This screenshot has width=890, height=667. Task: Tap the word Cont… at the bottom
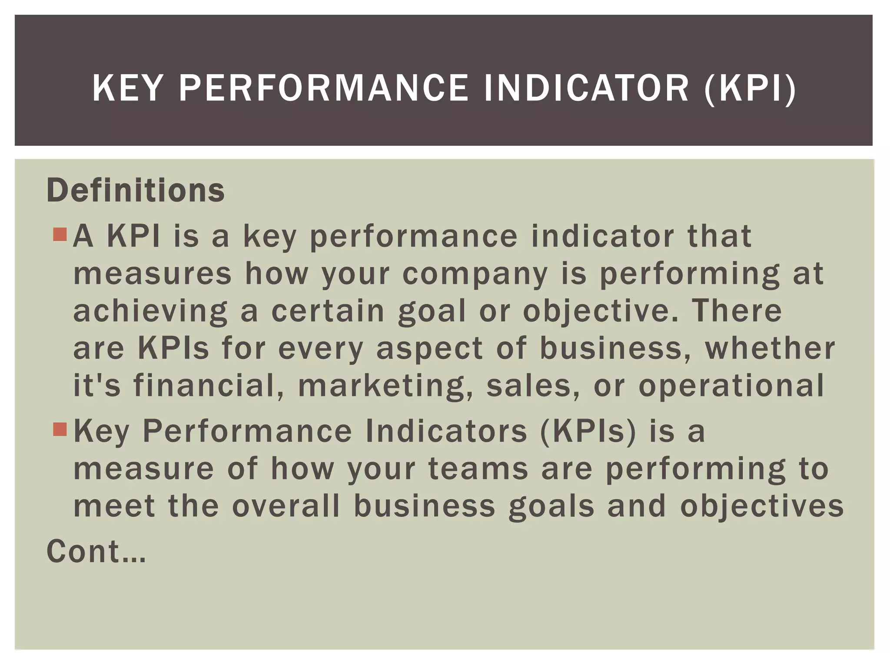pos(96,551)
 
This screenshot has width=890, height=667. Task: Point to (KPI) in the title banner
pos(751,89)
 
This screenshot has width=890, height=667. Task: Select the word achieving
pos(150,312)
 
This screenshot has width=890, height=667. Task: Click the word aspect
pos(429,349)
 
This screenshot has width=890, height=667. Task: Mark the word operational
pos(731,386)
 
